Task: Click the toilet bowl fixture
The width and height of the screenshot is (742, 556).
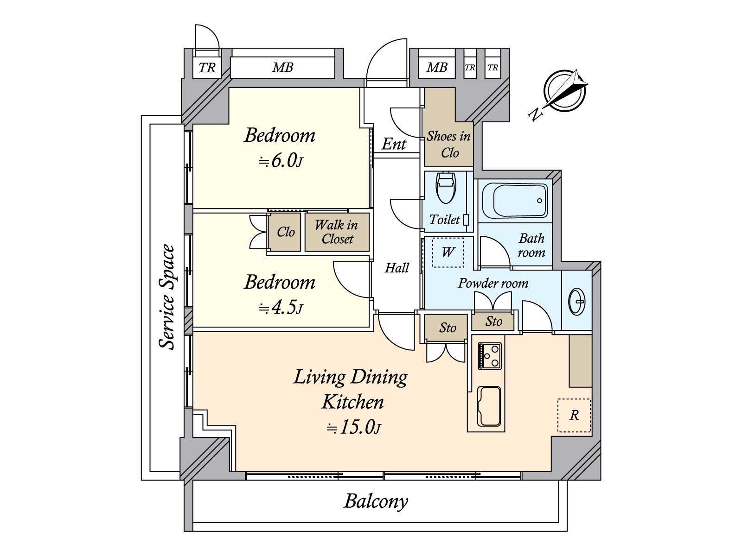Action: [x=446, y=188]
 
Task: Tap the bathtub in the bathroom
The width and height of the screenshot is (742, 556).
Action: [x=514, y=201]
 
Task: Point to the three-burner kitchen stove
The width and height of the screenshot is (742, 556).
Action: [x=489, y=355]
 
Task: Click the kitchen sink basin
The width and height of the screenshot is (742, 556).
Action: [x=489, y=406]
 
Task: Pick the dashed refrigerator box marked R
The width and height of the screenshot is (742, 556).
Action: [x=574, y=415]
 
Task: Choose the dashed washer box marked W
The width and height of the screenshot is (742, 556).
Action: [x=448, y=252]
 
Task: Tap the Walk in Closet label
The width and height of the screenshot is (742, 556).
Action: [x=337, y=232]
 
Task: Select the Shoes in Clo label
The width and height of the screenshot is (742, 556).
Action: [x=448, y=145]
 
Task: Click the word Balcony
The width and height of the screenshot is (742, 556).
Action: [x=376, y=502]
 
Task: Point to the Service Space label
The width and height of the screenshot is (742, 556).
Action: [x=167, y=297]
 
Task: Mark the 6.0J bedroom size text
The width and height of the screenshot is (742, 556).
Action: [x=280, y=161]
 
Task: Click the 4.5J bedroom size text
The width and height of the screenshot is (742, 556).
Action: [x=281, y=308]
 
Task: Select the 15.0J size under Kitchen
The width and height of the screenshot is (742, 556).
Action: [x=353, y=428]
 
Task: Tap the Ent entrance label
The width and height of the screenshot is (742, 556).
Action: [x=394, y=144]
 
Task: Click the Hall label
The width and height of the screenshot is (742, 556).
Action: [x=397, y=268]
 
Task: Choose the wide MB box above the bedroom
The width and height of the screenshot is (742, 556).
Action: [x=282, y=68]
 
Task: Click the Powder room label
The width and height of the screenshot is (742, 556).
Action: [x=493, y=283]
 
